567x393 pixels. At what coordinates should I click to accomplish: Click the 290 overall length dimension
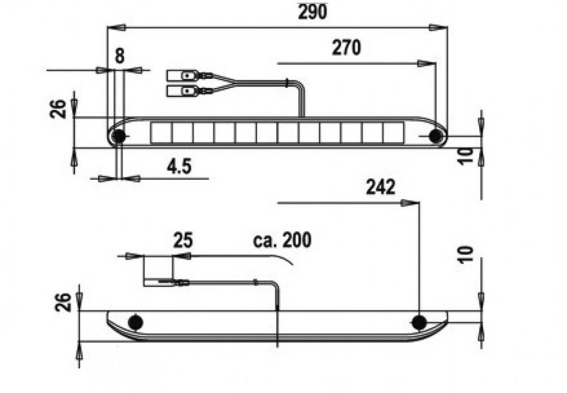(x=312, y=12)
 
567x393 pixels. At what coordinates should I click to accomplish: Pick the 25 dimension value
(x=183, y=240)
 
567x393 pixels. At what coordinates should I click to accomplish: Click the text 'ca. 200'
(x=282, y=240)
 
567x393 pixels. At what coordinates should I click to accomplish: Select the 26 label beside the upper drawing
(x=58, y=107)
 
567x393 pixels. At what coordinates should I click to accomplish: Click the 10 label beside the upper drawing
(x=467, y=156)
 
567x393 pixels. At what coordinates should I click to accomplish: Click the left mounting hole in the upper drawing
(x=119, y=137)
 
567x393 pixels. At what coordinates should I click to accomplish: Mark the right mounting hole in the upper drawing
(x=435, y=136)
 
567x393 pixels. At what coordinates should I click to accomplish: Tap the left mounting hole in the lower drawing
(x=135, y=323)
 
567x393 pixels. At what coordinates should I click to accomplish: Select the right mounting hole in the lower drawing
(x=418, y=323)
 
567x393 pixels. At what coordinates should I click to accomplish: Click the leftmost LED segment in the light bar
(x=161, y=133)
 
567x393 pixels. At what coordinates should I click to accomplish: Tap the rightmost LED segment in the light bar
(x=392, y=133)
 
